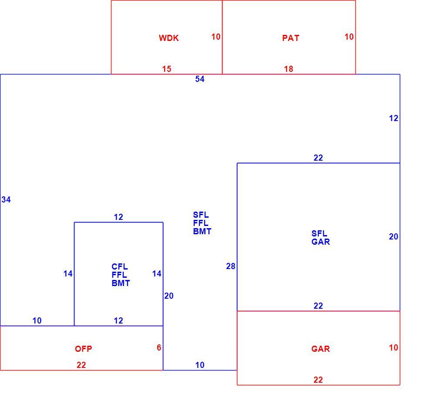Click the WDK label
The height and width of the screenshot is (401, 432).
169,38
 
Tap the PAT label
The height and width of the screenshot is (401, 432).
290,38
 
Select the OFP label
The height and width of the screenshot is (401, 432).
84,349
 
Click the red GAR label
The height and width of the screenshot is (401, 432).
321,349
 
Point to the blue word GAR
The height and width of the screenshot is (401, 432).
321,242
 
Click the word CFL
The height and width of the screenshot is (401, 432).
120,266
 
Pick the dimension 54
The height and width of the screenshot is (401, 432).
200,79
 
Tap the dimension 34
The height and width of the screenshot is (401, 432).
6,199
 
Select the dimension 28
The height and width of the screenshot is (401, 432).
231,266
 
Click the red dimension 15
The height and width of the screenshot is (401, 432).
167,69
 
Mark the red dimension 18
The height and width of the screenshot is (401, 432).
288,69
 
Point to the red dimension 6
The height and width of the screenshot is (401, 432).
159,347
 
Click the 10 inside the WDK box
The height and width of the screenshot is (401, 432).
216,37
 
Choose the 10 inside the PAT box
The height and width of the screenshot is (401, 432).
349,37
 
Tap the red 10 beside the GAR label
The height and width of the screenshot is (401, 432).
393,347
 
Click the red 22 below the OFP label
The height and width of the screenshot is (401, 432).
81,365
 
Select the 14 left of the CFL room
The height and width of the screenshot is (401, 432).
68,273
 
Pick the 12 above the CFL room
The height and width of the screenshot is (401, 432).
118,217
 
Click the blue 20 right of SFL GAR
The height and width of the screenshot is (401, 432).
393,236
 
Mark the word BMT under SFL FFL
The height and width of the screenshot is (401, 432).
202,231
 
